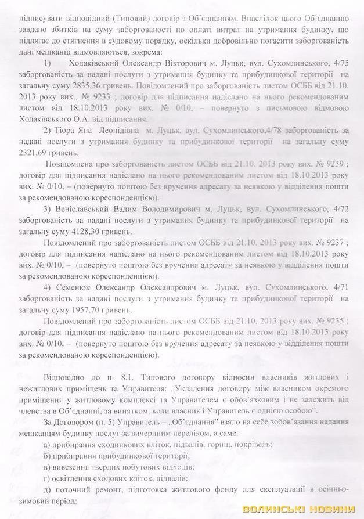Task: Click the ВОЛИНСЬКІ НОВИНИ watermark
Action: (299, 509)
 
